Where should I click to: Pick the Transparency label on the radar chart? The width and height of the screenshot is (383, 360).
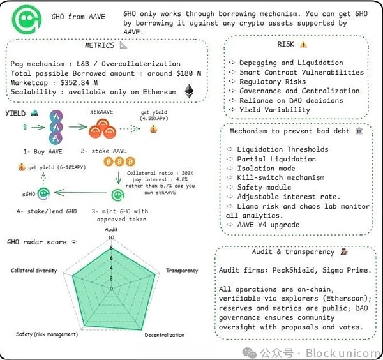182,271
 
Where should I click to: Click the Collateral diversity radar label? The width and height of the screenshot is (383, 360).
34,271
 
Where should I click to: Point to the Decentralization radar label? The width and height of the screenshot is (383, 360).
164,334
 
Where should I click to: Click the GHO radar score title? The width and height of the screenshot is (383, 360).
37,243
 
